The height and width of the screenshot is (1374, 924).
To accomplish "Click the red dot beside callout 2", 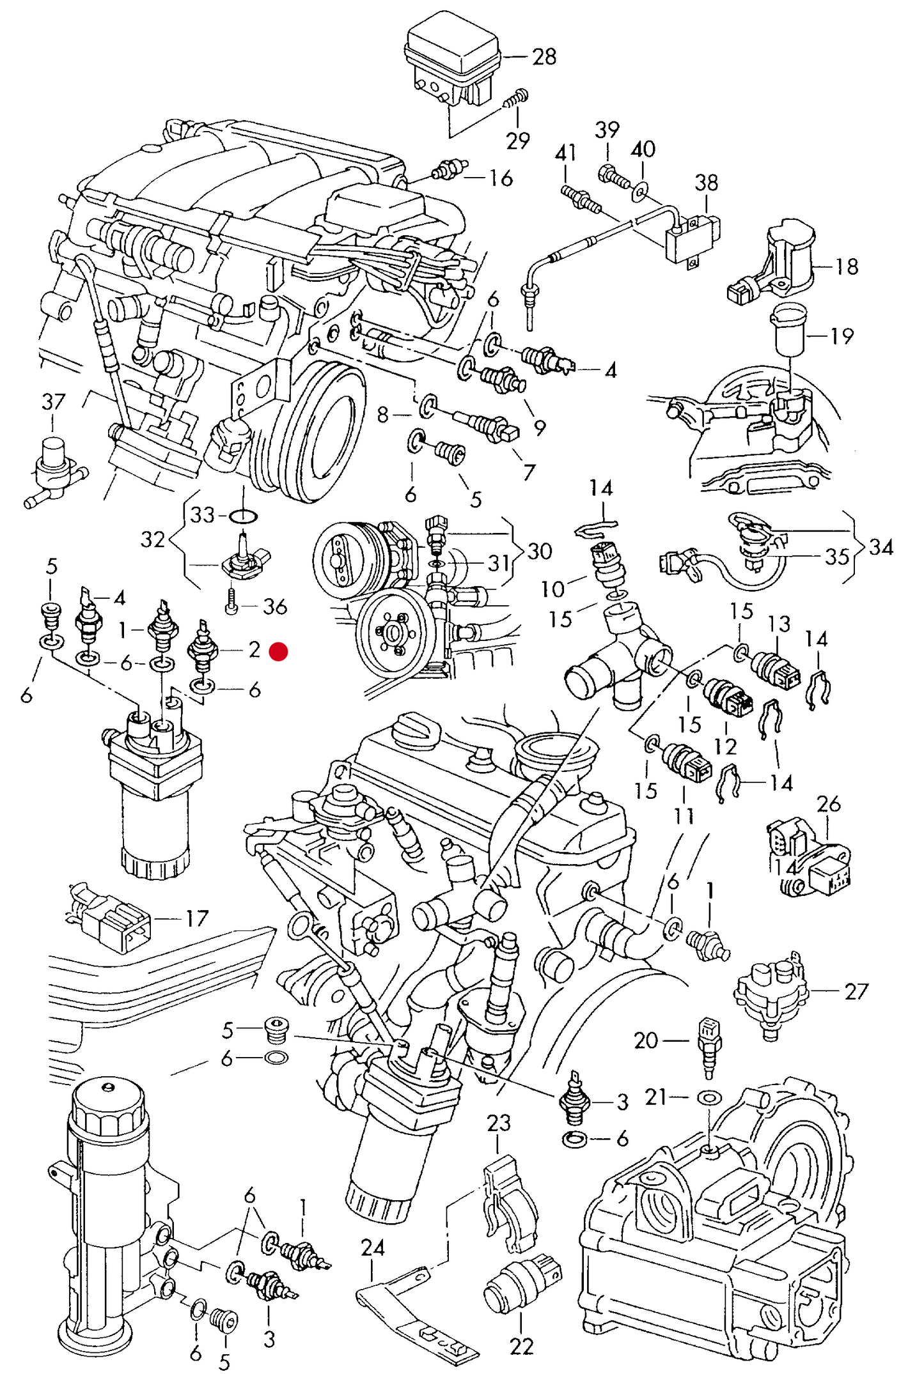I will pos(278,652).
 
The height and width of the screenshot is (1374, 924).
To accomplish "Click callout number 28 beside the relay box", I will pos(544,57).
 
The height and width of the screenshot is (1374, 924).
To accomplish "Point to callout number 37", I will pos(53,402).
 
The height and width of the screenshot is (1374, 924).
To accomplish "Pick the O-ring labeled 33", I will pos(243,515).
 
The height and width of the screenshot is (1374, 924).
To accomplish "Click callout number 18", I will pos(847,266).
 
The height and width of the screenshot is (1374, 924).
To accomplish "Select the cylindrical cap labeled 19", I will pos(790,330).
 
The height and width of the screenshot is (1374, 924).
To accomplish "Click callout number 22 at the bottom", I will pos(521,1347).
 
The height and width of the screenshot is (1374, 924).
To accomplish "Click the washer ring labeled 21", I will pos(709,1098).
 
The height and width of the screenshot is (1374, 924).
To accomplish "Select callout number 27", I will pos(856,991).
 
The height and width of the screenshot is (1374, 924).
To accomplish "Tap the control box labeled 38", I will pos(690,240).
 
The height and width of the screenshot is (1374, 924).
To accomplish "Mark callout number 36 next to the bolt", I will pos(275,606).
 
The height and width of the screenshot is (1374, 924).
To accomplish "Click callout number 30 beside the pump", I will pos(539,551).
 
